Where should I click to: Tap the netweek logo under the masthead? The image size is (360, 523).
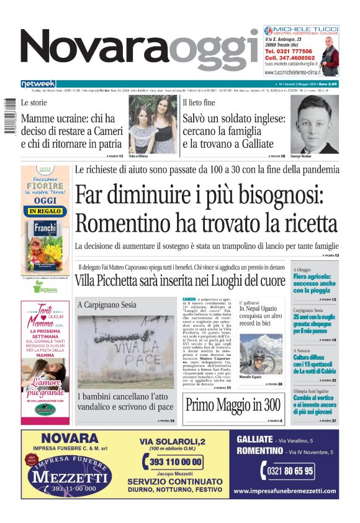pyautogui.click(x=38, y=83)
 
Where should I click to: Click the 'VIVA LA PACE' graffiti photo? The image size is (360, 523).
pyautogui.click(x=126, y=352)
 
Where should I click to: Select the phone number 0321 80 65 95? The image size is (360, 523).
pyautogui.click(x=290, y=471)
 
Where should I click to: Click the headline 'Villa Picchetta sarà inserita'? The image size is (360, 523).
pyautogui.click(x=180, y=281)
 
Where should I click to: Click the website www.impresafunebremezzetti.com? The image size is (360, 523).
pyautogui.click(x=286, y=491)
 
